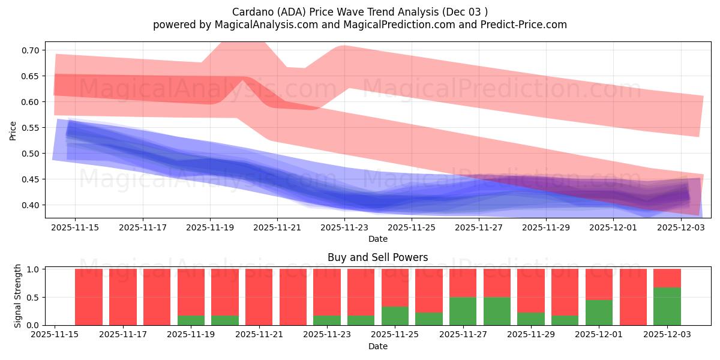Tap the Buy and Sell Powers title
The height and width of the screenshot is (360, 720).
tap(377, 257)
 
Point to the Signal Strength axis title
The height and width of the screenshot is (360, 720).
tap(17, 296)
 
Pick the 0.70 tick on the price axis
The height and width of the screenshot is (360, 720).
tap(31, 50)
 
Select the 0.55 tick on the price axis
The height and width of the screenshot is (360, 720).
tap(31, 128)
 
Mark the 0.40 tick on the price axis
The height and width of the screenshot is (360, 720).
tap(31, 205)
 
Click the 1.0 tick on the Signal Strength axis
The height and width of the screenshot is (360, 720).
tap(34, 269)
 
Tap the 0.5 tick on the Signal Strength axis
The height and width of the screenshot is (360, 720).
tap(34, 298)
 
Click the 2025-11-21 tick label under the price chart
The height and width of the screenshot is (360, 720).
tap(277, 228)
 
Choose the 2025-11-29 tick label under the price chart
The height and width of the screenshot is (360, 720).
tap(545, 228)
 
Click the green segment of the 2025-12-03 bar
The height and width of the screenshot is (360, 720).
tap(667, 306)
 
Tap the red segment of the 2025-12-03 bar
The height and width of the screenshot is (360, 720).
tap(667, 278)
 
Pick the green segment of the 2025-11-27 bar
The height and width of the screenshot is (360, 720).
tap(463, 311)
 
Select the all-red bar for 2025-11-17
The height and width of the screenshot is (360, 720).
tap(123, 297)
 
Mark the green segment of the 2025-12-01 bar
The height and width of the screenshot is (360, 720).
tap(599, 313)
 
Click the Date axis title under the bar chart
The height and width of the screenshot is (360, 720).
tap(377, 346)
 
